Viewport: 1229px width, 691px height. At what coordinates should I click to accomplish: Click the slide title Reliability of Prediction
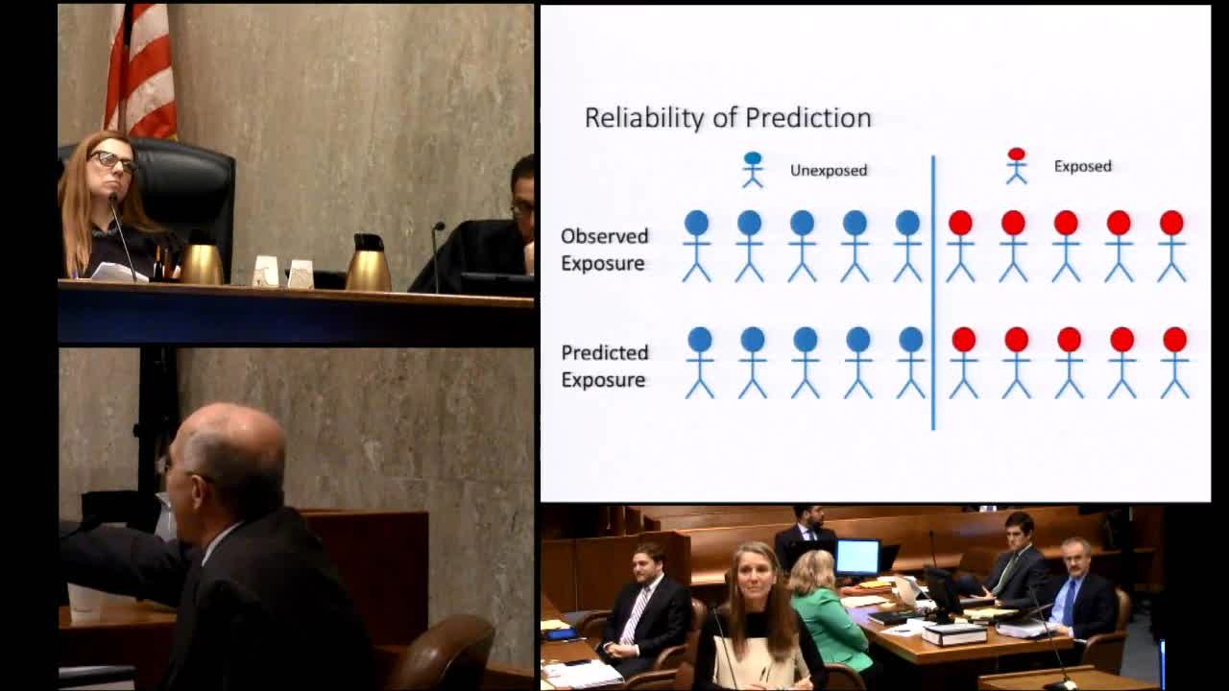[x=728, y=118]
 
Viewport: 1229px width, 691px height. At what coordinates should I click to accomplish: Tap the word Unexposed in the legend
[x=829, y=171]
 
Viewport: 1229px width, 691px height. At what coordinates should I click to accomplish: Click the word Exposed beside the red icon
[x=1082, y=166]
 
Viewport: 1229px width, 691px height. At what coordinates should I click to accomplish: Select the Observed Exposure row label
[x=604, y=250]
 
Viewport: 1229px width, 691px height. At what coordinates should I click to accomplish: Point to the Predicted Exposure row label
[x=604, y=366]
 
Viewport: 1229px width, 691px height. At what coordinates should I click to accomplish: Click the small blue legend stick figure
[x=753, y=170]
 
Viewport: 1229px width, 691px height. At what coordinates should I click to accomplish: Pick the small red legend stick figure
[x=1017, y=166]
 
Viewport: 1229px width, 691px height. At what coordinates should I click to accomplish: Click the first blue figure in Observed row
[x=697, y=247]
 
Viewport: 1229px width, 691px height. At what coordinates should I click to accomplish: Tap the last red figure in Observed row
[x=1172, y=247]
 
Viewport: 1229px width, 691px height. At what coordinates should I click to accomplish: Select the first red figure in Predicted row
[x=964, y=363]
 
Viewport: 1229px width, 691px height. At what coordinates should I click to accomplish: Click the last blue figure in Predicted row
[x=911, y=363]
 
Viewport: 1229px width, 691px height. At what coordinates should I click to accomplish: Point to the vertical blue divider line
[x=933, y=293]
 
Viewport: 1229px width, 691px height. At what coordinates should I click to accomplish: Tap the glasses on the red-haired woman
[x=113, y=161]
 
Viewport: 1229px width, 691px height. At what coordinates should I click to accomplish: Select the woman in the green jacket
[x=829, y=608]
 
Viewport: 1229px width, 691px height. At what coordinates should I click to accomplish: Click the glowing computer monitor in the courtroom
[x=857, y=558]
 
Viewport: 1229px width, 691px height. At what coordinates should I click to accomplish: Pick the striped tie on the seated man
[x=636, y=615]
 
